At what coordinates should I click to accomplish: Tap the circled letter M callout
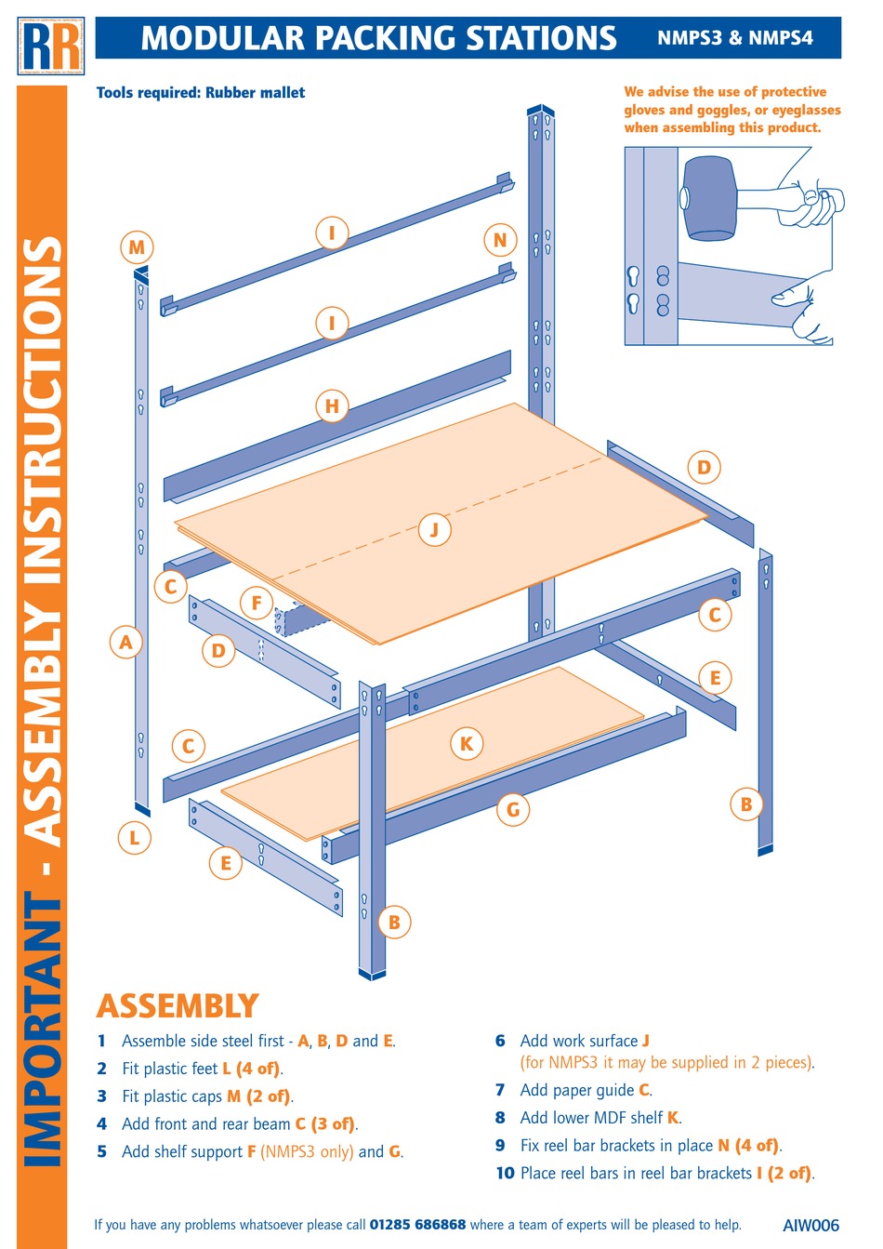pyautogui.click(x=137, y=247)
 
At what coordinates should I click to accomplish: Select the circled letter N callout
pyautogui.click(x=500, y=240)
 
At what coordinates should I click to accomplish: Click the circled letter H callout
pyautogui.click(x=332, y=406)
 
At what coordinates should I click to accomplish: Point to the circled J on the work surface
pyautogui.click(x=434, y=530)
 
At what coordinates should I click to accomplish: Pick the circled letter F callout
pyautogui.click(x=257, y=603)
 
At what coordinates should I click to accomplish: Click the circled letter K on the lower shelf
pyautogui.click(x=467, y=743)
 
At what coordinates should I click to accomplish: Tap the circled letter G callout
pyautogui.click(x=513, y=810)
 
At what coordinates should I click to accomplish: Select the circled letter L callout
pyautogui.click(x=135, y=838)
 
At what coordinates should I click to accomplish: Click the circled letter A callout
pyautogui.click(x=126, y=642)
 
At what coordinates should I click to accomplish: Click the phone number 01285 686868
pyautogui.click(x=417, y=1225)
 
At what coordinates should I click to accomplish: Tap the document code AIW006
pyautogui.click(x=811, y=1225)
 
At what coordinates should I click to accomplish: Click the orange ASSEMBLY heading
pyautogui.click(x=178, y=1006)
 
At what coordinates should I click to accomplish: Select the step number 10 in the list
pyautogui.click(x=505, y=1174)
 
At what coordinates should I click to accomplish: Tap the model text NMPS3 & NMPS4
pyautogui.click(x=735, y=38)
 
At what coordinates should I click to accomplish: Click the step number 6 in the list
pyautogui.click(x=500, y=1041)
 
